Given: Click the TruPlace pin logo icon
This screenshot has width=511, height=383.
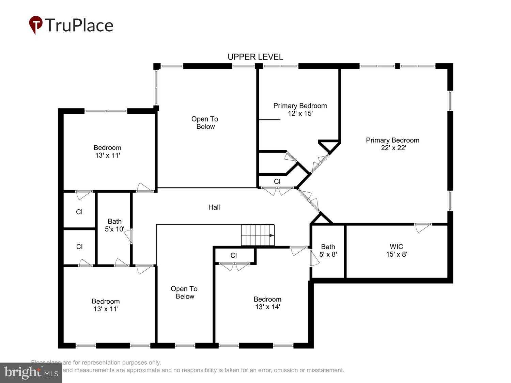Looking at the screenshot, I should point(35,25).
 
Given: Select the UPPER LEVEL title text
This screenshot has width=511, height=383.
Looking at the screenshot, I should point(255,57).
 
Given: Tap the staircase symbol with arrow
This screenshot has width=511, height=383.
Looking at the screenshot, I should point(258,235).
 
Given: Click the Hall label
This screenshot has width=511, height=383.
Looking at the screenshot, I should point(214,207).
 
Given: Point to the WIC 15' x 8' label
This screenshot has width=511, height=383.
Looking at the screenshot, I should point(396,250).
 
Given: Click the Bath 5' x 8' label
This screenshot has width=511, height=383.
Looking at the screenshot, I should point(328,250).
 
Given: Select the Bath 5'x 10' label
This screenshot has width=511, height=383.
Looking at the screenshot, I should point(114,225).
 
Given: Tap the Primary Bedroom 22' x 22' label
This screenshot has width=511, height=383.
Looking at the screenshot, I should point(392,144).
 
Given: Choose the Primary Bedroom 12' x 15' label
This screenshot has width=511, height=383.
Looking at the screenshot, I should point(300,110).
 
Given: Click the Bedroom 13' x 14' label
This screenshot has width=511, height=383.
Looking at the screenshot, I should point(267,303).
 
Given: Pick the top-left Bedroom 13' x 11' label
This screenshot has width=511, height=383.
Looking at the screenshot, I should point(107,151).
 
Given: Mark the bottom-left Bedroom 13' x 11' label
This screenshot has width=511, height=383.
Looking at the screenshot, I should point(106,305).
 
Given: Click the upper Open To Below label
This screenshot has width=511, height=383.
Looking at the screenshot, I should point(205,123).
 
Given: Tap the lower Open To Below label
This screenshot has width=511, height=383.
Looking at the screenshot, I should point(184,292).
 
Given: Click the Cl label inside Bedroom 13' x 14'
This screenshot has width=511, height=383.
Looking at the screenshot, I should point(233,255).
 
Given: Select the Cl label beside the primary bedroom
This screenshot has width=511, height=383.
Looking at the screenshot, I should point(277,181).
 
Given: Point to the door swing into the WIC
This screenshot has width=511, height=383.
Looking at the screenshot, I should point(422,227).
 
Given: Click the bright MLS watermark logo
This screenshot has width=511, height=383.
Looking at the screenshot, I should point(31,372).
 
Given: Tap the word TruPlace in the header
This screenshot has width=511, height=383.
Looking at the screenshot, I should point(79,25).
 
